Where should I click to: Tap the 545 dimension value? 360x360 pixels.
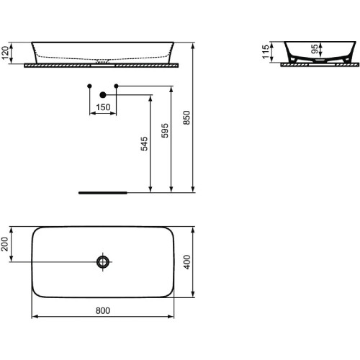click(144, 143)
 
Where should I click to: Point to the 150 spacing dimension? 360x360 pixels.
click(103, 107)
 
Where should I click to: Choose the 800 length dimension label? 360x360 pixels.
click(102, 310)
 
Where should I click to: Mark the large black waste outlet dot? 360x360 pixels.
click(103, 94)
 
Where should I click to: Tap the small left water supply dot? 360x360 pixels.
click(89, 87)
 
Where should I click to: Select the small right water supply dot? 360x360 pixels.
click(117, 87)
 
